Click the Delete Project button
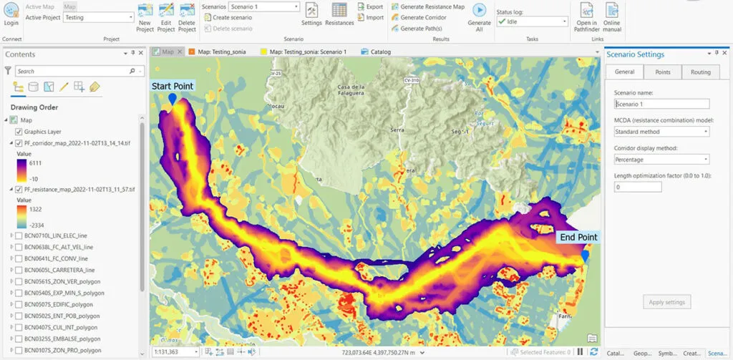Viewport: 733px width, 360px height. (x=188, y=17)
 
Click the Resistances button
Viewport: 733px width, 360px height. (x=339, y=14)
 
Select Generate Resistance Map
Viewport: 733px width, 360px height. (x=427, y=6)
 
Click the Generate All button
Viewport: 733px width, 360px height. (x=479, y=16)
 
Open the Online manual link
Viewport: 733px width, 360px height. (x=612, y=17)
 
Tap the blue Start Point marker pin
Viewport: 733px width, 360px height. (x=172, y=100)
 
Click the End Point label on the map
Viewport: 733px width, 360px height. (x=578, y=237)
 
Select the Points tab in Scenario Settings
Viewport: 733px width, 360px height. (x=662, y=72)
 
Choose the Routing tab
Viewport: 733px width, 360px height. (x=700, y=72)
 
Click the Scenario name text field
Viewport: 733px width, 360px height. (x=661, y=104)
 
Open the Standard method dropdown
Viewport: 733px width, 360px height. (x=661, y=132)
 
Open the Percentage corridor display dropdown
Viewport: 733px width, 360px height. (x=661, y=160)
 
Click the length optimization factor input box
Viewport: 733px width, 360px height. (x=637, y=187)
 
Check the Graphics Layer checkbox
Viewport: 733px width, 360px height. (x=19, y=132)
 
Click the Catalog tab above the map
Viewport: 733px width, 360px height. (x=379, y=52)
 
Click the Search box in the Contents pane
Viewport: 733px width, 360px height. (x=72, y=71)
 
